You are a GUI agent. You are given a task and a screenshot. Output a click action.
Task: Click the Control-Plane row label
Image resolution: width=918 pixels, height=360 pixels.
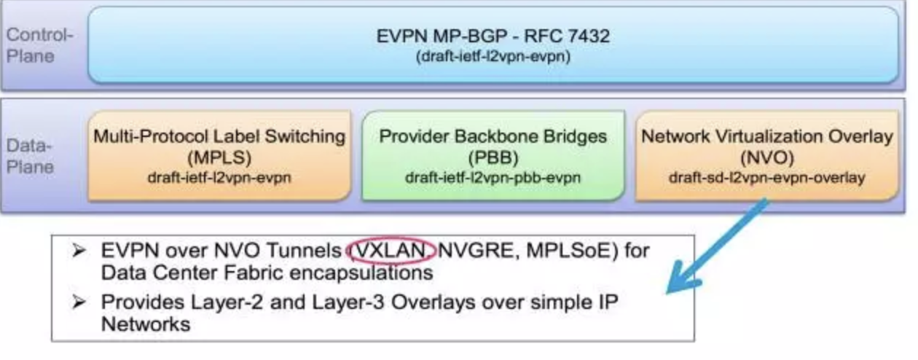40,45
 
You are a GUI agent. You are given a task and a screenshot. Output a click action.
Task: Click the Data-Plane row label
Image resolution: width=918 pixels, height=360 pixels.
30,156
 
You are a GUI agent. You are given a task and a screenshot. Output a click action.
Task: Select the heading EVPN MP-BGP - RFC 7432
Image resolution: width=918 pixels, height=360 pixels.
493,37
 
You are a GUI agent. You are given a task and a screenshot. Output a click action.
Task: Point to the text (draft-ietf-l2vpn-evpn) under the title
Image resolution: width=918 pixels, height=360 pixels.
493,57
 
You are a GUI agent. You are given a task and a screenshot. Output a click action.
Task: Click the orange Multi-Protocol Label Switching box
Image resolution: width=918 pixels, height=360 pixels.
219,155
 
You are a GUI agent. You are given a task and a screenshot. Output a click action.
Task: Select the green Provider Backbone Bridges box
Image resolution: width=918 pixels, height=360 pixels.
493,155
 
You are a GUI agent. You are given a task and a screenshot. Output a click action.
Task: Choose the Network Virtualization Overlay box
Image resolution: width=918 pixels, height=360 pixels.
766,155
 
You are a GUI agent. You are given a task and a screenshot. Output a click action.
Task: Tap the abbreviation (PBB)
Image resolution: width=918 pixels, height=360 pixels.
493,157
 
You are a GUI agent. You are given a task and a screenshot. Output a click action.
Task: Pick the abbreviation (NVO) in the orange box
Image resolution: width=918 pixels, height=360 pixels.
766,157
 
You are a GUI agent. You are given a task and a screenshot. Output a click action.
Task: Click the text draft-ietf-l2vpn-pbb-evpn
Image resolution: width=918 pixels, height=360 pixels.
493,176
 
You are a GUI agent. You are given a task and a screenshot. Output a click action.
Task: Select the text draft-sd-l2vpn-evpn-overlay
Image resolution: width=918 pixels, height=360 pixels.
766,176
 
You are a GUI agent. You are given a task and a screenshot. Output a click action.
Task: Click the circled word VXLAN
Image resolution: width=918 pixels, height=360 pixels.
391,251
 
